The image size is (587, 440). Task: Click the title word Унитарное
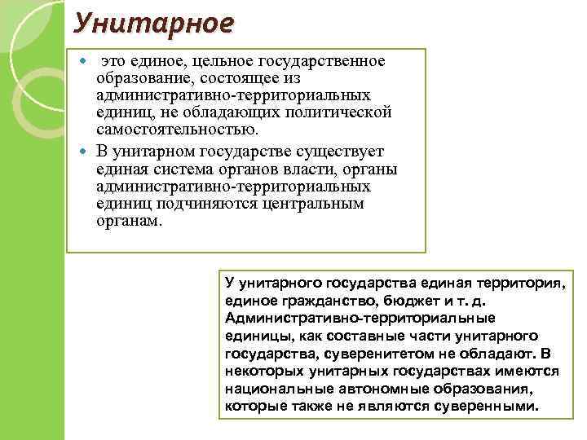(152, 21)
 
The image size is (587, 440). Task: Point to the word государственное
(323, 63)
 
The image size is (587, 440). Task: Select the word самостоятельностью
(176, 129)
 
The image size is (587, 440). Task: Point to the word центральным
(311, 203)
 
